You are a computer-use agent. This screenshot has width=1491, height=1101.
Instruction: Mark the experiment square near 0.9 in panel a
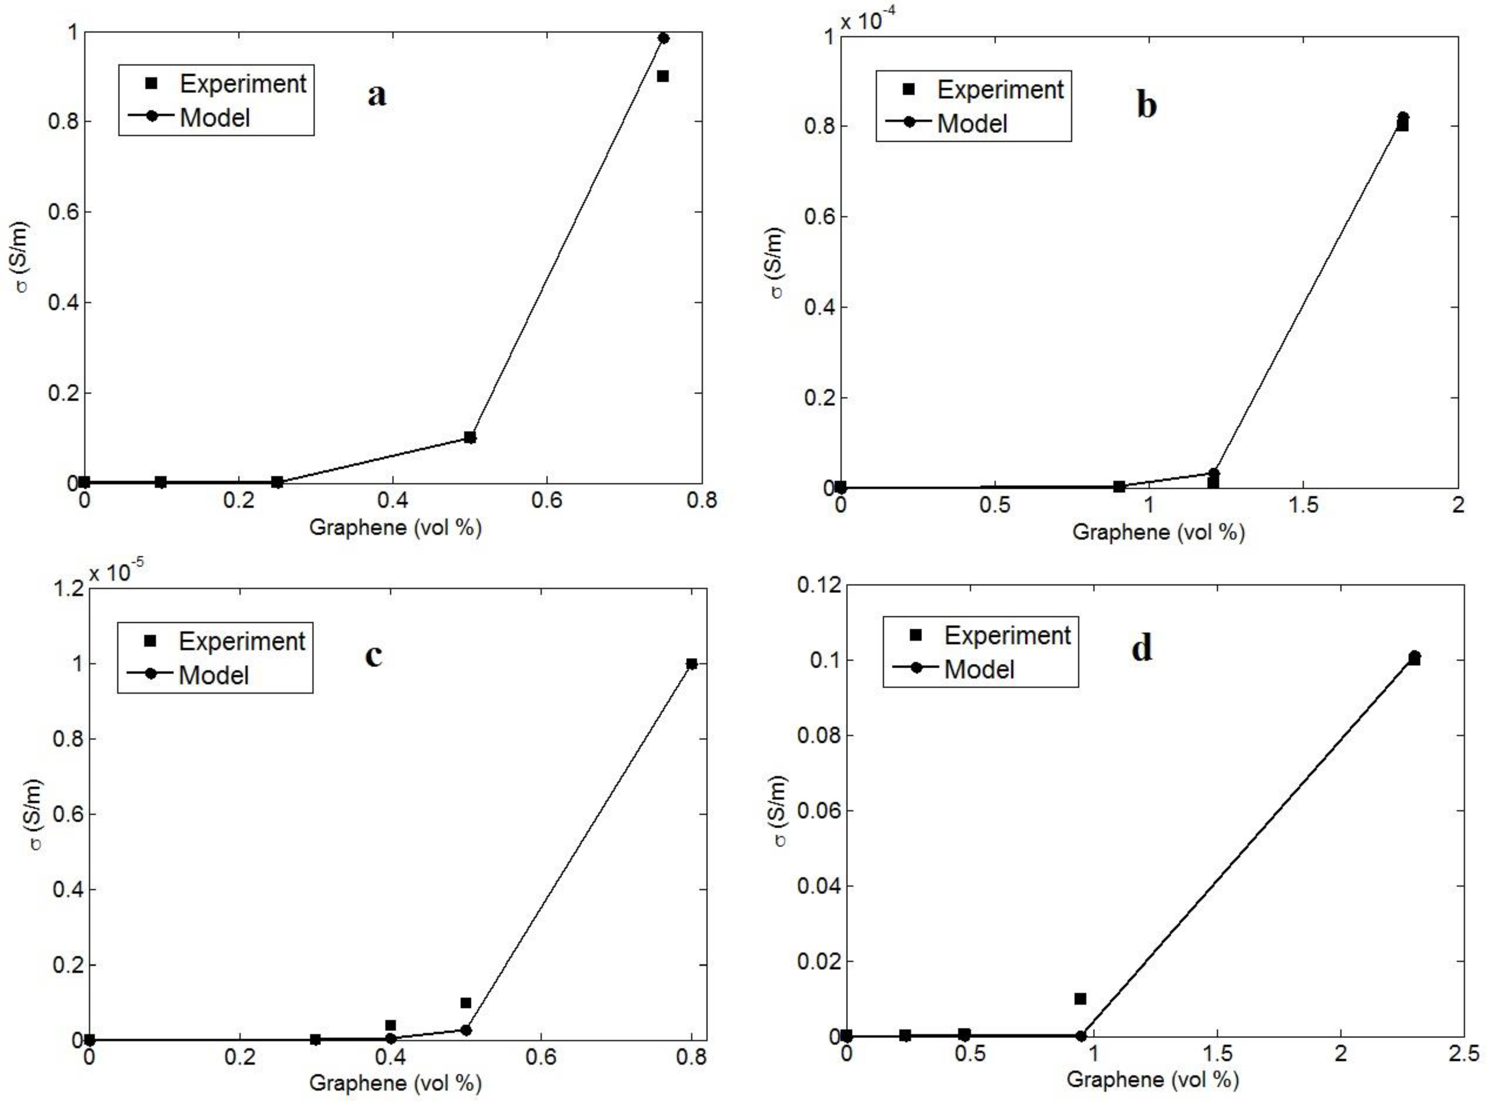[x=662, y=76]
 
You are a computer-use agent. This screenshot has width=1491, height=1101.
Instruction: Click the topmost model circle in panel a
[x=664, y=38]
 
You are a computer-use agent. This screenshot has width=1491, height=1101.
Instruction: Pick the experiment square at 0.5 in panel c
[x=466, y=1003]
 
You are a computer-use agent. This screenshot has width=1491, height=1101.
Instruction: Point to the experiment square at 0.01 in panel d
[x=1080, y=998]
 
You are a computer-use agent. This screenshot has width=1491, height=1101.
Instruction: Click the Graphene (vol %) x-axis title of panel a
[x=395, y=528]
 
